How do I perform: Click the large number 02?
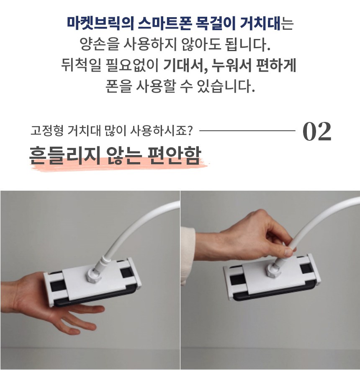317,131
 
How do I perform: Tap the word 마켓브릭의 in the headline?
100,23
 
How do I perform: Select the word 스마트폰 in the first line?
164,23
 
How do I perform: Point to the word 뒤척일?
81,65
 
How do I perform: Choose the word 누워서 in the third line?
231,65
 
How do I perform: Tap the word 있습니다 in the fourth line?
226,86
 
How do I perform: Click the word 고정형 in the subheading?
47,130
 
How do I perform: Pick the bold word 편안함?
175,155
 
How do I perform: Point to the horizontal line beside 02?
247,130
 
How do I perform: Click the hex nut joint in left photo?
94,275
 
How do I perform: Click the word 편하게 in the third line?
276,65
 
